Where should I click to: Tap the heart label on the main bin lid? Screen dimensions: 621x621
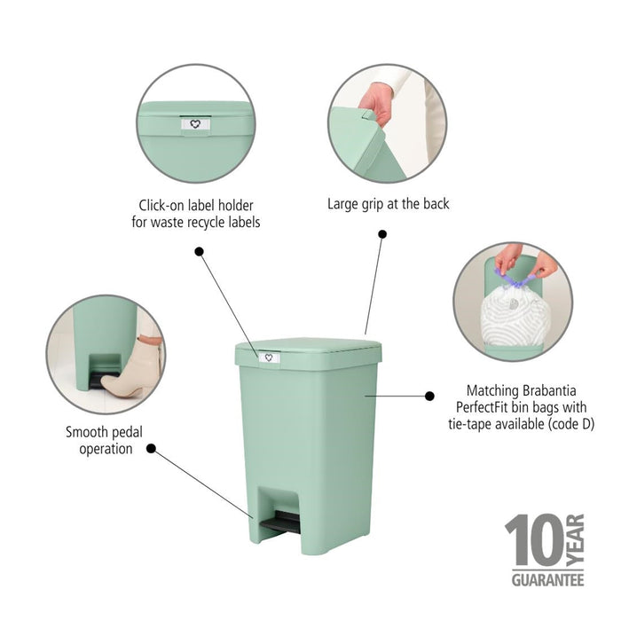[268, 358]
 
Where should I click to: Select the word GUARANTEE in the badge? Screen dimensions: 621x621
[547, 580]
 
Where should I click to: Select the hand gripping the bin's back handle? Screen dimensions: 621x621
[378, 102]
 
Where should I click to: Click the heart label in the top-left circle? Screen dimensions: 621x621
[195, 125]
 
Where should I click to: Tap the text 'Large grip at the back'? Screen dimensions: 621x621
[388, 204]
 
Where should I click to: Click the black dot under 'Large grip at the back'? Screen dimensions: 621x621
[382, 234]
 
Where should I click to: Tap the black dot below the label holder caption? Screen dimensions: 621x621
[200, 252]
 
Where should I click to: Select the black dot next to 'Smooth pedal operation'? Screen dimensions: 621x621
[151, 449]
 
